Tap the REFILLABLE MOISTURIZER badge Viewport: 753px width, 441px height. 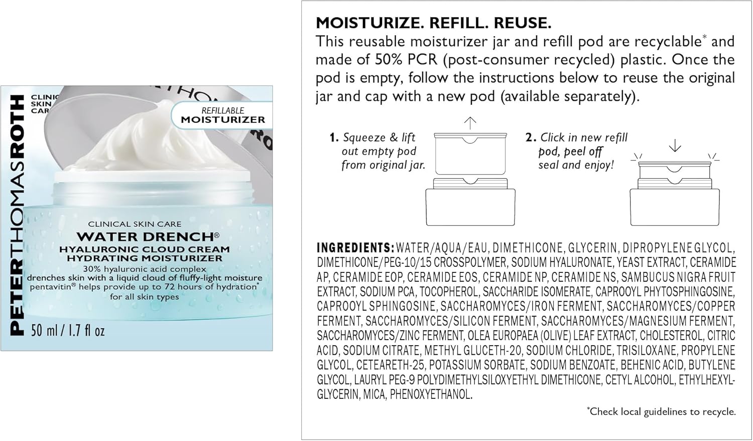(222, 115)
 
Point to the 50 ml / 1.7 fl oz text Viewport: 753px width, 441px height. (68, 331)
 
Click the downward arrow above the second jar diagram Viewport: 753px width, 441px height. (675, 145)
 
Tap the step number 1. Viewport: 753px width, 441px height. (333, 137)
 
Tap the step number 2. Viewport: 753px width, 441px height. (530, 137)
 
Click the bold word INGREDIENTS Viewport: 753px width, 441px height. (355, 248)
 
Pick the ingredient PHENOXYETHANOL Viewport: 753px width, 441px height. (431, 394)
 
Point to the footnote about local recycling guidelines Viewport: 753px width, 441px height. (661, 411)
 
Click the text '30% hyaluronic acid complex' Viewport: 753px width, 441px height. (145, 269)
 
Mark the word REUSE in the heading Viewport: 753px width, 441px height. (523, 23)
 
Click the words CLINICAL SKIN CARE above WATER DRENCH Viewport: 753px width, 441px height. (135, 224)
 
